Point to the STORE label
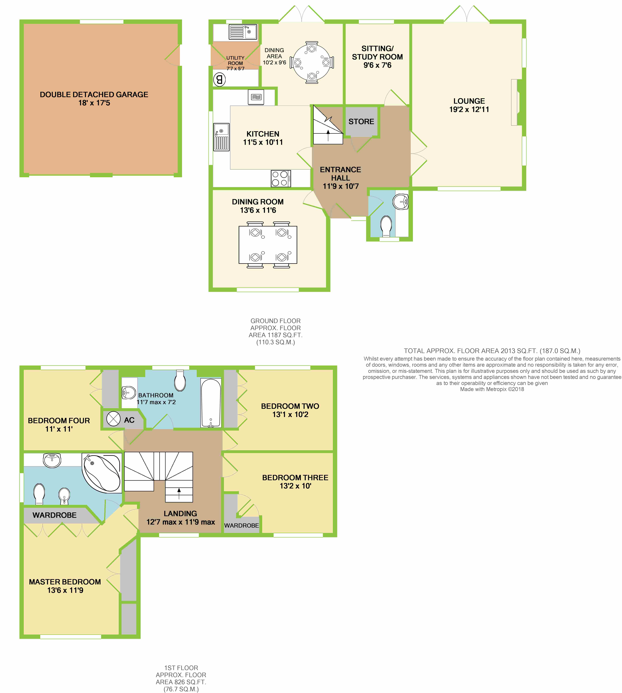[361, 121]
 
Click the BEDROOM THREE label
[295, 477]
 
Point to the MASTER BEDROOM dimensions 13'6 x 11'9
[65, 590]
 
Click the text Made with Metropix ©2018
[492, 389]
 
